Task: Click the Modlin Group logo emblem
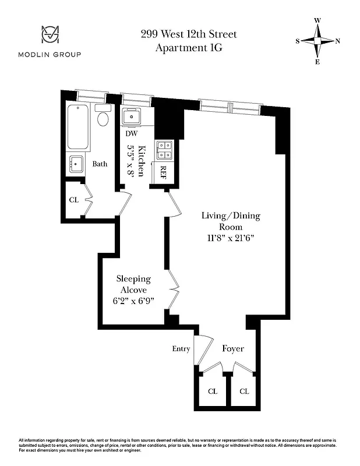(x=52, y=36)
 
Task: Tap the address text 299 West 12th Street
(x=188, y=34)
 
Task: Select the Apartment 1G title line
(x=188, y=48)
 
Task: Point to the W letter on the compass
(x=317, y=20)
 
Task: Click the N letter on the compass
(x=338, y=41)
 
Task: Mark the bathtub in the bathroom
(x=78, y=127)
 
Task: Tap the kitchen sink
(x=132, y=116)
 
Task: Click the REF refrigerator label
(x=163, y=173)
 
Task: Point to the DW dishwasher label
(x=132, y=133)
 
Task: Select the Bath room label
(x=100, y=164)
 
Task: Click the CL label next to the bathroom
(x=73, y=200)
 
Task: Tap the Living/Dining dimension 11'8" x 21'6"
(x=231, y=238)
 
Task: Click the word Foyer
(x=233, y=349)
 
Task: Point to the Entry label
(x=181, y=349)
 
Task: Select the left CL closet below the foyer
(x=213, y=391)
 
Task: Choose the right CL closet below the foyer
(x=243, y=391)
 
